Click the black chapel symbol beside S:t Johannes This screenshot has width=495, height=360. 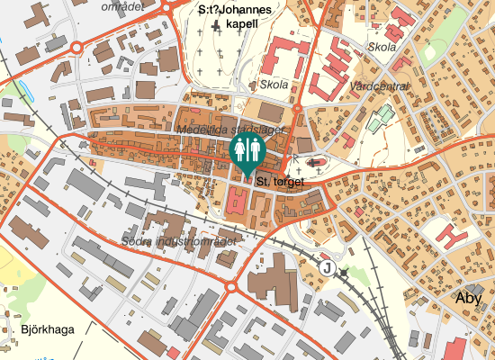(x=216, y=26)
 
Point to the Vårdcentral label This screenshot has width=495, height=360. (x=379, y=86)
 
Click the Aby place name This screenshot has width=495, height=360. (x=470, y=298)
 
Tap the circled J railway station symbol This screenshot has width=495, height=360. (x=327, y=268)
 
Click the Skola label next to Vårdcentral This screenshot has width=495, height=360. (x=382, y=47)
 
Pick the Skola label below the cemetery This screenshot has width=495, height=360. (x=274, y=85)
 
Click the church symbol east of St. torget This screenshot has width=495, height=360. (x=315, y=163)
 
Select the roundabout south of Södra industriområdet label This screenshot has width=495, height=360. (x=230, y=287)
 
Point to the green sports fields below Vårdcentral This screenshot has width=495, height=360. (x=382, y=118)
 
